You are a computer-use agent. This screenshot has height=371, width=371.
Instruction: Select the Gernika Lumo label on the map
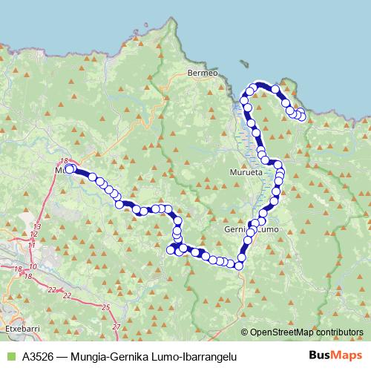pos(250,230)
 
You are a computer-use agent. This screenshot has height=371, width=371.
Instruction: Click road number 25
pos(105,306)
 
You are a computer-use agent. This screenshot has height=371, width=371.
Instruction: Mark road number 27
pos(115,326)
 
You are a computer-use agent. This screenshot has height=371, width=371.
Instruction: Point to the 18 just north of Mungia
pos(64,161)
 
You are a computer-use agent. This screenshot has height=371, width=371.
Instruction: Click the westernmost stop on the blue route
pos(69,169)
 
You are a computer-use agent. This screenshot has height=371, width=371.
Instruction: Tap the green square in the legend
pos(10,356)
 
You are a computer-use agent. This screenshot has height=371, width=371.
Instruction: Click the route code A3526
pos(37,356)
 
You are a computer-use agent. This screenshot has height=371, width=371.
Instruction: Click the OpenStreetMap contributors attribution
pos(306,332)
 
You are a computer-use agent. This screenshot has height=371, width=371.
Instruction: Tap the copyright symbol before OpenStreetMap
pos(245,332)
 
